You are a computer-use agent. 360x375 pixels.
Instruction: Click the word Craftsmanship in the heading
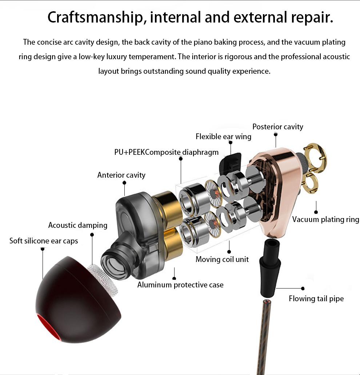(x=97, y=17)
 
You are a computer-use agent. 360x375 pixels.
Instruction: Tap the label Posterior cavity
(x=278, y=126)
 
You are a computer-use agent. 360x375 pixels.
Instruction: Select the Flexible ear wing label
(x=224, y=137)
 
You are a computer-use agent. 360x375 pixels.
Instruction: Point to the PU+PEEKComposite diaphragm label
(x=166, y=152)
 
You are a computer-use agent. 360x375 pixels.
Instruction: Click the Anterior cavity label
(x=121, y=175)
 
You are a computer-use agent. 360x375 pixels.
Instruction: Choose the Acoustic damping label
(x=78, y=225)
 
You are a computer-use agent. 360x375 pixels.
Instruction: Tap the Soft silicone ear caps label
(x=44, y=241)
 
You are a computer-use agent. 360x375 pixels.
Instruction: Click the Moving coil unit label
(x=222, y=259)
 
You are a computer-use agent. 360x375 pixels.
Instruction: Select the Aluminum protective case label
(x=180, y=285)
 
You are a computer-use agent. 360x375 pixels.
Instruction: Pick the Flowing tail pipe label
(x=316, y=299)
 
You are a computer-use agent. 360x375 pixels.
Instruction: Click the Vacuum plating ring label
(x=326, y=219)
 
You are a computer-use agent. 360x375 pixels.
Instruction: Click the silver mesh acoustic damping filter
(x=102, y=279)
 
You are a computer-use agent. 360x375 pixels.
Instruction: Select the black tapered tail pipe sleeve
(x=270, y=268)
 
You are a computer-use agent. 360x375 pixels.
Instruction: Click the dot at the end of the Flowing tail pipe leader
(x=303, y=289)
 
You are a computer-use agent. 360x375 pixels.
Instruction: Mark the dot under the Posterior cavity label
(x=276, y=135)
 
